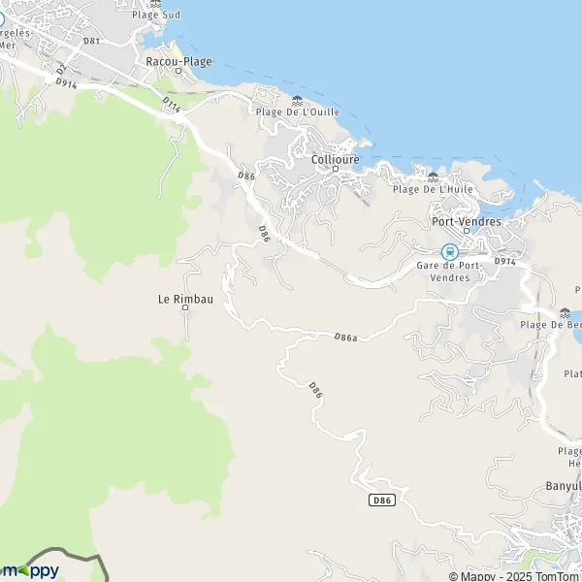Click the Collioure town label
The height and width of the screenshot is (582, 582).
tap(336, 159)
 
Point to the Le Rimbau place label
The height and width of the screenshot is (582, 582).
tap(184, 299)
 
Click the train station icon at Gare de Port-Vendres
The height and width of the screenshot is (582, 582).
tap(449, 252)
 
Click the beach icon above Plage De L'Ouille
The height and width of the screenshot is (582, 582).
tap(297, 100)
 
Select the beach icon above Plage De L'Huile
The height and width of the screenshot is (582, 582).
tap(433, 177)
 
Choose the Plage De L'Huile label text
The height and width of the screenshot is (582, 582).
tap(433, 189)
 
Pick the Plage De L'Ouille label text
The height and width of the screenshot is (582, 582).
tap(297, 113)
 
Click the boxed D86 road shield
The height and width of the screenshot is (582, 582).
tap(382, 501)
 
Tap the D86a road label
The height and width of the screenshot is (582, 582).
tap(345, 338)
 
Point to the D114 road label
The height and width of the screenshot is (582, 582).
tap(171, 103)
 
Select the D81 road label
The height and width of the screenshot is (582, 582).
tap(91, 41)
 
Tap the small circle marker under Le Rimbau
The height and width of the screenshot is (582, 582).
tap(185, 309)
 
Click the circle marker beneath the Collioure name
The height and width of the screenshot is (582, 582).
tap(336, 170)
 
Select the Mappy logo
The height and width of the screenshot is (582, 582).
tap(31, 570)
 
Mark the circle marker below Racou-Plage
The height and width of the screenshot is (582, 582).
tap(178, 70)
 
